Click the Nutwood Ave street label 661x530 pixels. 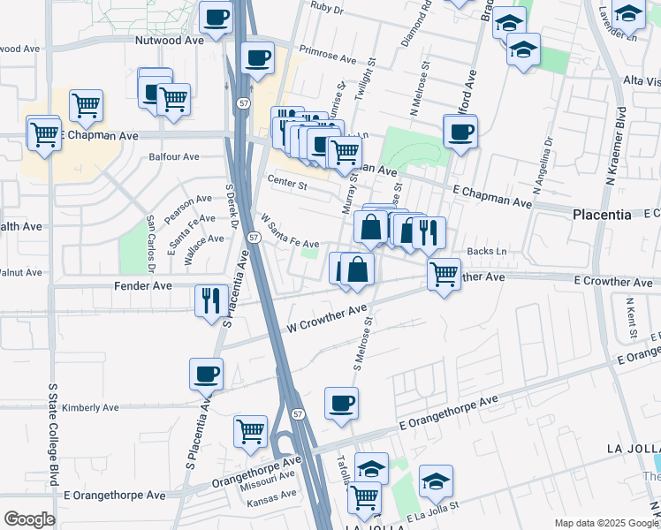[170, 41]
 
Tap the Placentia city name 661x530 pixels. [602, 215]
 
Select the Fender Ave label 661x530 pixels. [143, 286]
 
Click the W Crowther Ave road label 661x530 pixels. [327, 320]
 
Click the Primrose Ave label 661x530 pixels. [327, 55]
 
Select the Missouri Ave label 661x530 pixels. [274, 477]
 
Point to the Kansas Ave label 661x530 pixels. [271, 495]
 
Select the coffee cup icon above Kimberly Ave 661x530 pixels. [207, 373]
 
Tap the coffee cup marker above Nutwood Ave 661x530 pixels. [217, 16]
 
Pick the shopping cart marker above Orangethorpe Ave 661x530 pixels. [250, 431]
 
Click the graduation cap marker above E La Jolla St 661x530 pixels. [435, 480]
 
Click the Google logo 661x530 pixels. [29, 519]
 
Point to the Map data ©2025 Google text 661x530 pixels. [605, 523]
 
